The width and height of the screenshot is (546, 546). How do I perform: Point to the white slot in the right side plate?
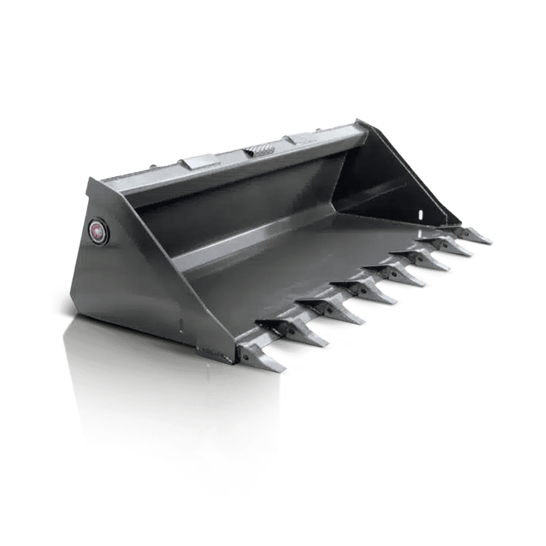click(420, 215)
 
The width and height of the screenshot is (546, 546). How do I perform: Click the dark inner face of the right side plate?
click(382, 175)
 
